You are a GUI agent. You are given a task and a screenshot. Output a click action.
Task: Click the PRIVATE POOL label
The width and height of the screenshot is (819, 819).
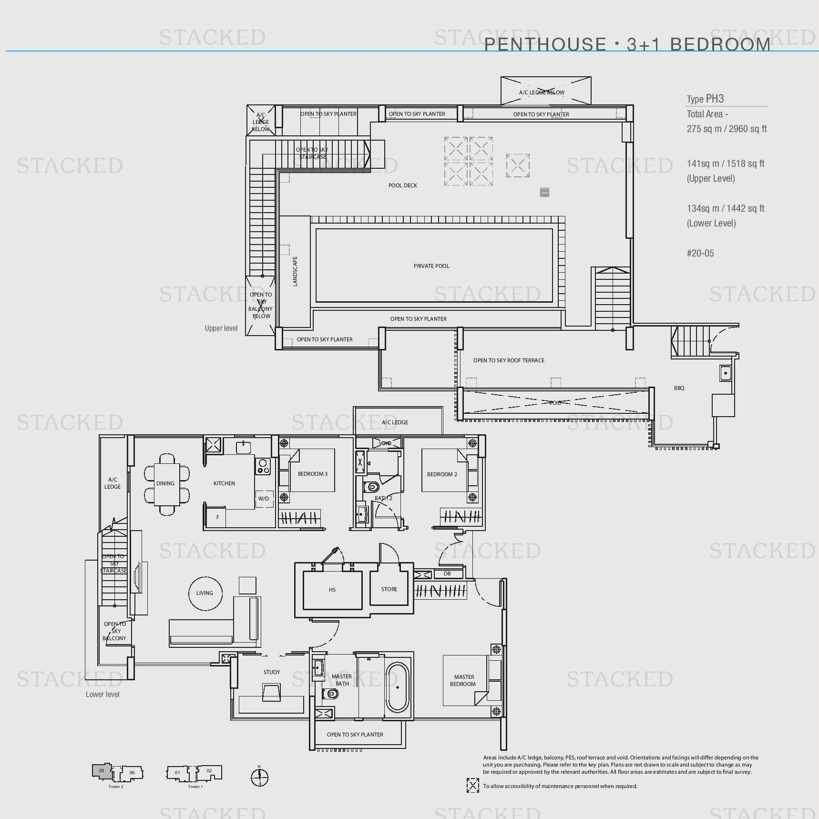pyautogui.click(x=431, y=266)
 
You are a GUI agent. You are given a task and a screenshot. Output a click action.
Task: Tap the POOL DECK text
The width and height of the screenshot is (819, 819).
pyautogui.click(x=402, y=185)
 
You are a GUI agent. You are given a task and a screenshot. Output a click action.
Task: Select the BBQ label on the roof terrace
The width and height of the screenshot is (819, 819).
pyautogui.click(x=679, y=388)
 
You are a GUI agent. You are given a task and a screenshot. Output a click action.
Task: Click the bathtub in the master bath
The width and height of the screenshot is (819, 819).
pyautogui.click(x=398, y=687)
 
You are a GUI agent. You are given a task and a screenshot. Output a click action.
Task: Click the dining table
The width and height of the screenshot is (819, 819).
pyautogui.click(x=166, y=483)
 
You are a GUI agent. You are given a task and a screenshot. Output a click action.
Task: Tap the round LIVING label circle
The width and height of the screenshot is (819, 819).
pyautogui.click(x=205, y=593)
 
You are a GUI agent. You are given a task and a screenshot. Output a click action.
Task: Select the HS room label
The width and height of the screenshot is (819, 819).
pyautogui.click(x=332, y=590)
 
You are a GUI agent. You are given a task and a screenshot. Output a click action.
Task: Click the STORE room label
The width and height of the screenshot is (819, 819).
pyautogui.click(x=389, y=589)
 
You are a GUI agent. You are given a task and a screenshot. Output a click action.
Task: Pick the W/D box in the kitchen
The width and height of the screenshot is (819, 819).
pyautogui.click(x=264, y=499)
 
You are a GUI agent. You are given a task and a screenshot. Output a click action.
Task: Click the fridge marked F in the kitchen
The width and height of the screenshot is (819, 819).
pyautogui.click(x=217, y=517)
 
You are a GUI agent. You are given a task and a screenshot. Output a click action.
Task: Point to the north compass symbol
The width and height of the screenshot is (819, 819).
pyautogui.click(x=259, y=778)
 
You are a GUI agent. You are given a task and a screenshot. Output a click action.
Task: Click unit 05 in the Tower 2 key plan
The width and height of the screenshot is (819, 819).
pyautogui.click(x=102, y=771)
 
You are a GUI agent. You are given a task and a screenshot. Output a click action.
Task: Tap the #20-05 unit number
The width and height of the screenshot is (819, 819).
pyautogui.click(x=700, y=253)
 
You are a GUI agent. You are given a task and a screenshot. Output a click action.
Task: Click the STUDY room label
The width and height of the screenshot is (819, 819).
pyautogui.click(x=272, y=672)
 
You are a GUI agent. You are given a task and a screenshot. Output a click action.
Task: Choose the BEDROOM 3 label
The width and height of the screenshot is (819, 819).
pyautogui.click(x=312, y=474)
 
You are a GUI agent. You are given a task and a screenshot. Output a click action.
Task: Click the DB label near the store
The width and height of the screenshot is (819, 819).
pyautogui.click(x=447, y=573)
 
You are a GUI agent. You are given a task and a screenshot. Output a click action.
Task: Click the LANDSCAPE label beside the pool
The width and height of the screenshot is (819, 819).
pyautogui.click(x=295, y=271)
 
